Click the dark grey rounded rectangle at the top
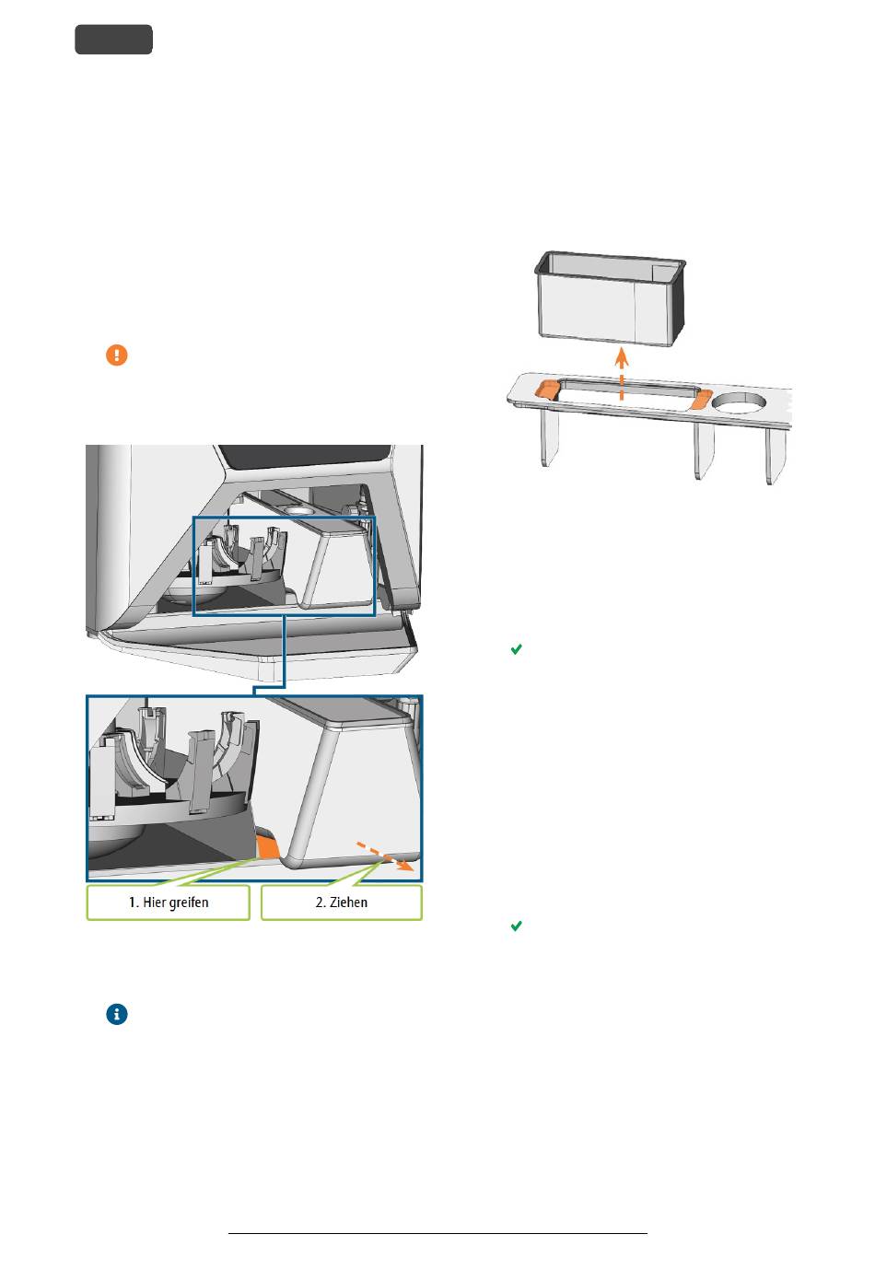(x=113, y=40)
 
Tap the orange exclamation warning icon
(x=117, y=355)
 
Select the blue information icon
(x=117, y=1014)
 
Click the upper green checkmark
(x=516, y=649)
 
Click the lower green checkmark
(x=516, y=926)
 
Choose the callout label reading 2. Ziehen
(x=341, y=902)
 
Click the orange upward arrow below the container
(x=622, y=374)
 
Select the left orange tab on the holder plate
(x=547, y=390)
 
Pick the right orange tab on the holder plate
(x=702, y=400)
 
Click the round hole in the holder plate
(x=739, y=402)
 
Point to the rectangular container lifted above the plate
(x=611, y=298)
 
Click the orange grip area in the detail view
(x=267, y=845)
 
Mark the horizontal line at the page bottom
(x=437, y=1233)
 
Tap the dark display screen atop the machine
(x=305, y=456)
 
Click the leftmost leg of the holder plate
(x=549, y=437)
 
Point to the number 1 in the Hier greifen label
(x=132, y=902)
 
